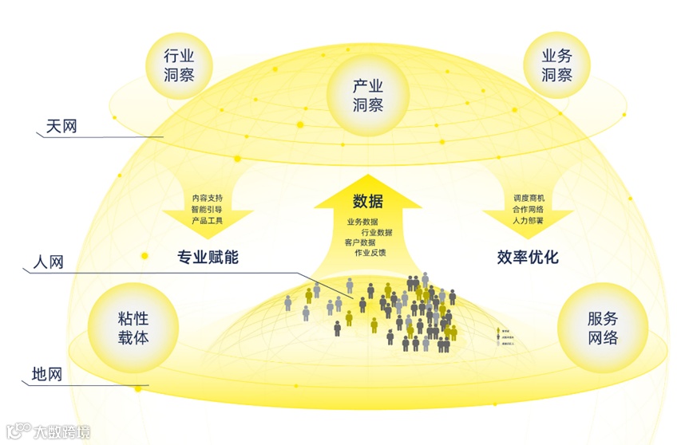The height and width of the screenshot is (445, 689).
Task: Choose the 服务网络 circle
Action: (602, 328)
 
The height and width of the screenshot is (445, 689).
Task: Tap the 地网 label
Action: (47, 373)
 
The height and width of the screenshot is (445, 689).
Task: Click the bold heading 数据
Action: (368, 202)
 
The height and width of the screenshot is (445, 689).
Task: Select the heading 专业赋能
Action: (208, 258)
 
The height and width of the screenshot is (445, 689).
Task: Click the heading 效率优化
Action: (528, 258)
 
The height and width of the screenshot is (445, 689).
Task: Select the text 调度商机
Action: (528, 197)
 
